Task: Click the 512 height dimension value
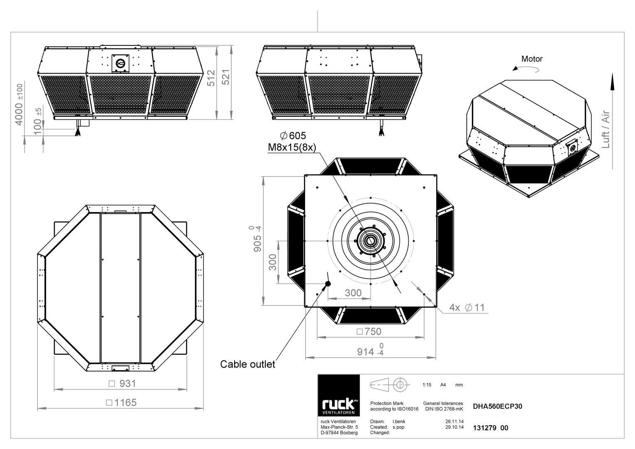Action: click(211, 78)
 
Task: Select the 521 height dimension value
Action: click(226, 77)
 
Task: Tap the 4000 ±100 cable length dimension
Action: click(19, 104)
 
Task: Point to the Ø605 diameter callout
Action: click(293, 136)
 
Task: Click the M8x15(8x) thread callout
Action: click(292, 148)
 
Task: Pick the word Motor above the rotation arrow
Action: click(532, 59)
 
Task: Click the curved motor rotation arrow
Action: click(526, 69)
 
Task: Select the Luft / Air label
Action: click(605, 129)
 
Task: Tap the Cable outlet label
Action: click(247, 364)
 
